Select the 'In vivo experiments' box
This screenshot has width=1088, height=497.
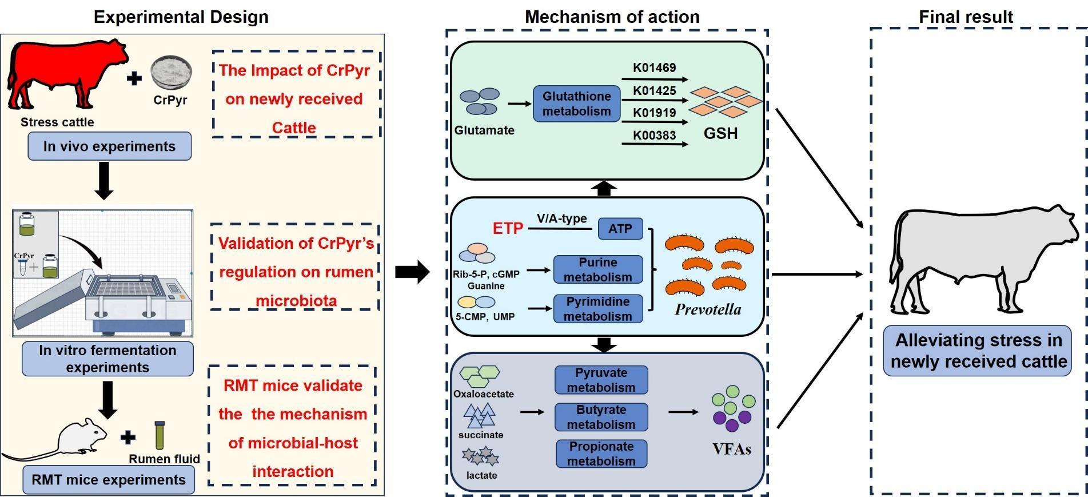109,146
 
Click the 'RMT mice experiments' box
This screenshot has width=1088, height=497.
109,480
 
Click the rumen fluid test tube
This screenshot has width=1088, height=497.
160,436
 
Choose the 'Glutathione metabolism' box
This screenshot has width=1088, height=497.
576,104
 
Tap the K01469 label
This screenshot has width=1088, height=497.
654,67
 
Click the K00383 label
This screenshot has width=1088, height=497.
654,136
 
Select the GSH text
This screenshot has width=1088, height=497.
720,134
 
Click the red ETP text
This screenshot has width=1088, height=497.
508,229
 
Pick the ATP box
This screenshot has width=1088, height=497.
620,229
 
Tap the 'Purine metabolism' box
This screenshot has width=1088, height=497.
597,269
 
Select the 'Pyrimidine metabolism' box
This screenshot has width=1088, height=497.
597,309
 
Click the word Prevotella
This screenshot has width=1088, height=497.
708,309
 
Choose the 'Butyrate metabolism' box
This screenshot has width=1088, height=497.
601,417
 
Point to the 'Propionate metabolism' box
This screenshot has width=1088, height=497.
601,454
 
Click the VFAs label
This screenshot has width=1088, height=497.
732,449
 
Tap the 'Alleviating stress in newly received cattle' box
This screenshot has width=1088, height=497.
978,351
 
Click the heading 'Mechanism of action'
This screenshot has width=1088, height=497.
612,17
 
